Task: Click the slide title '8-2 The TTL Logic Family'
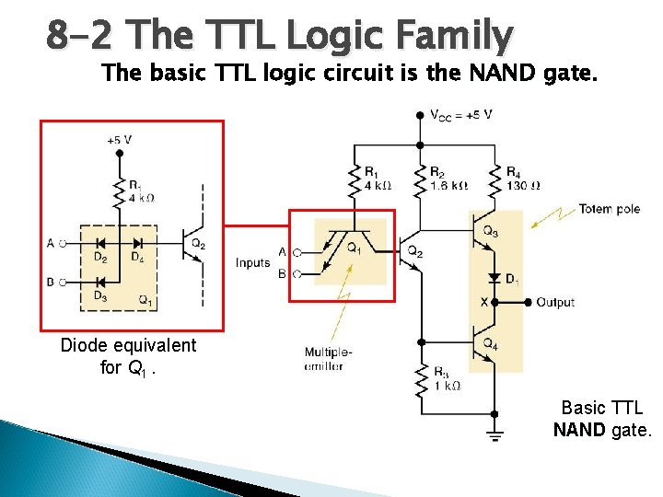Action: pos(280,37)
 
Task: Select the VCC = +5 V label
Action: pos(461,115)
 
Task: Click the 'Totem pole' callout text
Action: pos(609,209)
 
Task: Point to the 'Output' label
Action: pos(554,302)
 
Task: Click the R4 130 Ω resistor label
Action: pos(522,178)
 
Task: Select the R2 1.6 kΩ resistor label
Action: pos(448,178)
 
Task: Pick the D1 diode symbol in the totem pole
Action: pos(494,277)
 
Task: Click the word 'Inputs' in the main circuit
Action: pos(252,262)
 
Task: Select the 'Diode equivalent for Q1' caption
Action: pos(128,356)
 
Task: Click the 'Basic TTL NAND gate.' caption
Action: pos(601,418)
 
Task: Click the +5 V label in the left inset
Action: pos(120,141)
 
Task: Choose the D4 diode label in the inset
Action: pos(137,258)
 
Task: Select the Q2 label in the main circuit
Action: pos(415,251)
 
